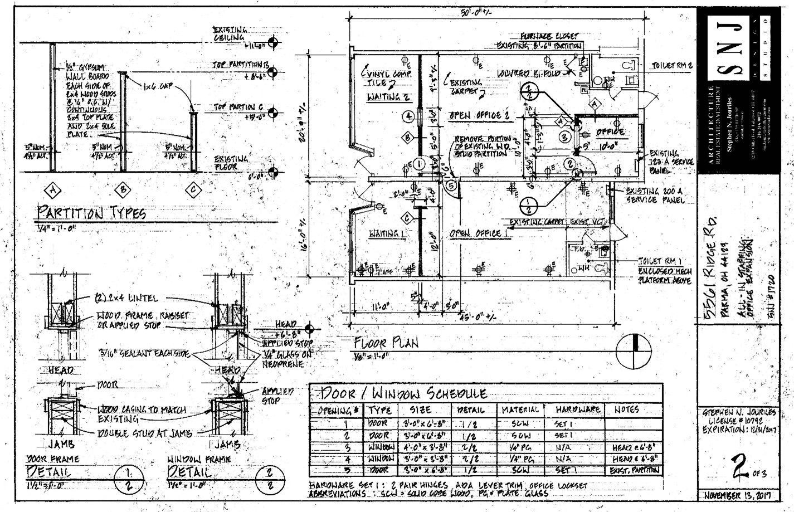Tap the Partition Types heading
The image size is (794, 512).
coord(92,213)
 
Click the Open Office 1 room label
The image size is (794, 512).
coord(475,233)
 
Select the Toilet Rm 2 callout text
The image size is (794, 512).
coord(671,65)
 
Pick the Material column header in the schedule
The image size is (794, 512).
coord(520,409)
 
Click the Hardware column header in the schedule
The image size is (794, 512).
coord(577,409)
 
